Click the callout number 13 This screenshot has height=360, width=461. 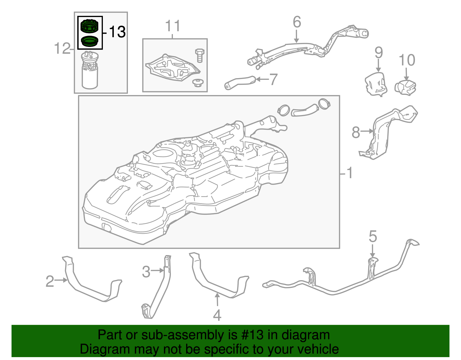(x=117, y=32)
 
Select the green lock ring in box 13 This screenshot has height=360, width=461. (x=90, y=26)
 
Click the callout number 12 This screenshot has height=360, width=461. (x=62, y=48)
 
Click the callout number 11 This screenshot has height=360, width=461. (x=173, y=26)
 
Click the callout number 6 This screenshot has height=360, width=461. (x=297, y=22)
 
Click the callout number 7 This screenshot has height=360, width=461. (x=273, y=79)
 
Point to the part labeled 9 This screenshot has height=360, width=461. (x=375, y=84)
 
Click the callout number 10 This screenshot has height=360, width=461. (x=407, y=60)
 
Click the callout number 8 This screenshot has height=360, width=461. (x=356, y=133)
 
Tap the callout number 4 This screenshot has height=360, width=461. (x=217, y=315)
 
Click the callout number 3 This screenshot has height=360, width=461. (x=146, y=272)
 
